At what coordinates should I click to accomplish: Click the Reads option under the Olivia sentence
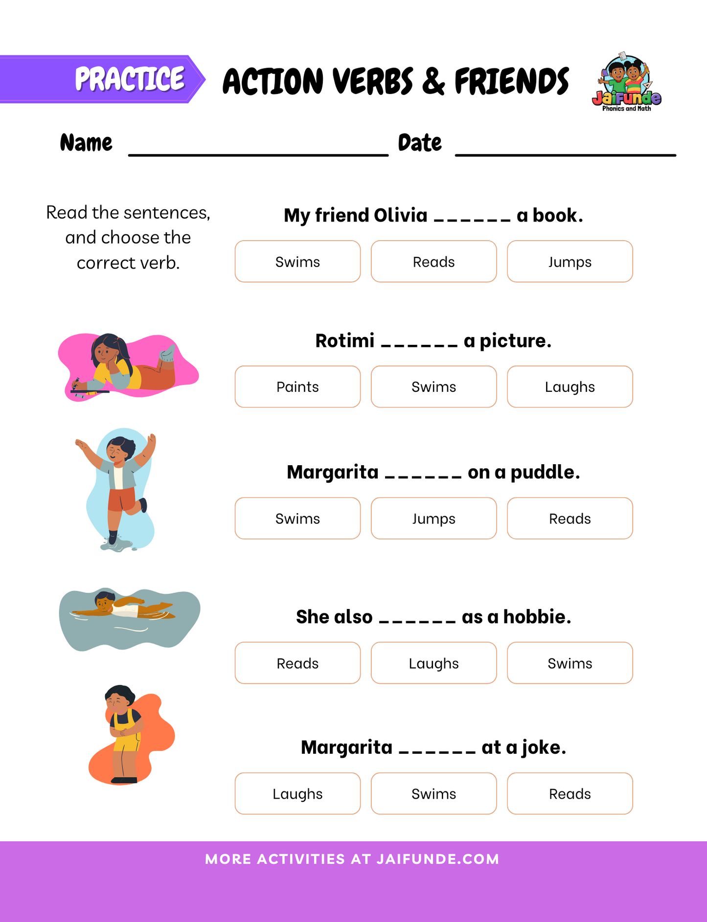coord(433,262)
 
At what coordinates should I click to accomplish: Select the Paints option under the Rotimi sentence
coord(297,387)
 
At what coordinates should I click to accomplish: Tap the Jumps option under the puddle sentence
coord(433,518)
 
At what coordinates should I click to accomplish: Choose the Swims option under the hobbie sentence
coord(570,663)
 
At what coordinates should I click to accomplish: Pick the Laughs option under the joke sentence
coord(297,794)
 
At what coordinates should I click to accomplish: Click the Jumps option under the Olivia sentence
coord(570,262)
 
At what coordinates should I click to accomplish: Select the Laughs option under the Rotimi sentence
coord(570,387)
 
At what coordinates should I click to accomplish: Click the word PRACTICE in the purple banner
coord(130,79)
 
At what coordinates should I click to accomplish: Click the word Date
coord(420,143)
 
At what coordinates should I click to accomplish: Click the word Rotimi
coord(345,341)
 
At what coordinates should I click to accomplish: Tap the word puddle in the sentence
coord(545,472)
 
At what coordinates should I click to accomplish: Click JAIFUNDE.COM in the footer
coord(438,859)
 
